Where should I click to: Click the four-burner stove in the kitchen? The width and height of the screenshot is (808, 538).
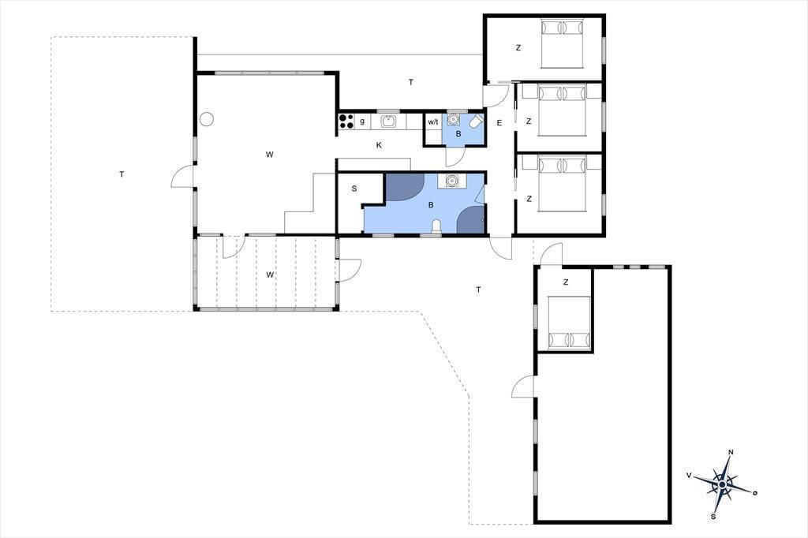coord(346,121)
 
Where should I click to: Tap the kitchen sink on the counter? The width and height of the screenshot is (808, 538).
coord(388,121)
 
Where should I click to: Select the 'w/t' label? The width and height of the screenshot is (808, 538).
coord(433,122)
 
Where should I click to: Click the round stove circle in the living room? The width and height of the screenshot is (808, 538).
coord(207,119)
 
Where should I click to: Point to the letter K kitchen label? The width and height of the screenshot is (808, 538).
coord(379,145)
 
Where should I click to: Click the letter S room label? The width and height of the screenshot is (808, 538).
coord(354,189)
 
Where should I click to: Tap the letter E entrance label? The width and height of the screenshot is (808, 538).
coord(499,122)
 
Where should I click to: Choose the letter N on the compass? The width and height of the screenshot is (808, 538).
coord(731,453)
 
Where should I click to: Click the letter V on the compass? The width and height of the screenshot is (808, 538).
coord(689,475)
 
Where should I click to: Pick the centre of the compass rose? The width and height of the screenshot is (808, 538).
coord(723,484)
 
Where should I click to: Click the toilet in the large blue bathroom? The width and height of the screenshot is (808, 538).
coord(436,226)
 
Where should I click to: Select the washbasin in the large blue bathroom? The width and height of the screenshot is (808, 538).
coord(451,181)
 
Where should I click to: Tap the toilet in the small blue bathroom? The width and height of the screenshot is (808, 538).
coord(476,121)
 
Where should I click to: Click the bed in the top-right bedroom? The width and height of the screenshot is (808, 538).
coord(562,43)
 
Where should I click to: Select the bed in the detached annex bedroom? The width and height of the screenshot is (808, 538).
coord(569,323)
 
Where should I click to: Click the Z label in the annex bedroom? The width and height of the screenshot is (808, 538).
coord(566,282)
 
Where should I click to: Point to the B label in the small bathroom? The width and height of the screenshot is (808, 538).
coord(458,134)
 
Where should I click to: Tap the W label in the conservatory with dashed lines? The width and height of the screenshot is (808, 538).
coord(270,275)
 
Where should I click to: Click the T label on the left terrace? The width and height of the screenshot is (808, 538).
coord(122,174)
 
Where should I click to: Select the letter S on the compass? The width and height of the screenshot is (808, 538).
coord(713,517)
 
